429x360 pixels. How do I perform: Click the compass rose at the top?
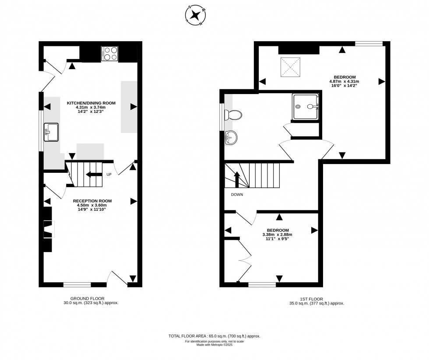pos(195,15)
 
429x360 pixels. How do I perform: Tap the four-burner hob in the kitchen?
pos(110,53)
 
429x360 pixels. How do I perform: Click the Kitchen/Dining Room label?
pos(91,103)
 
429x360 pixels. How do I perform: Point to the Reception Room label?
pos(92,201)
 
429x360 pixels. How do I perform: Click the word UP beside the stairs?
pos(109,175)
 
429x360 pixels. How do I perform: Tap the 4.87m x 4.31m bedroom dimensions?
pos(344,81)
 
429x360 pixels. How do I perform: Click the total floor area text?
pos(214,336)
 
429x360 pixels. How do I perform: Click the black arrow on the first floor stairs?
pos(237,179)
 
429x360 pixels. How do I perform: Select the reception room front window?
pos(77,285)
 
